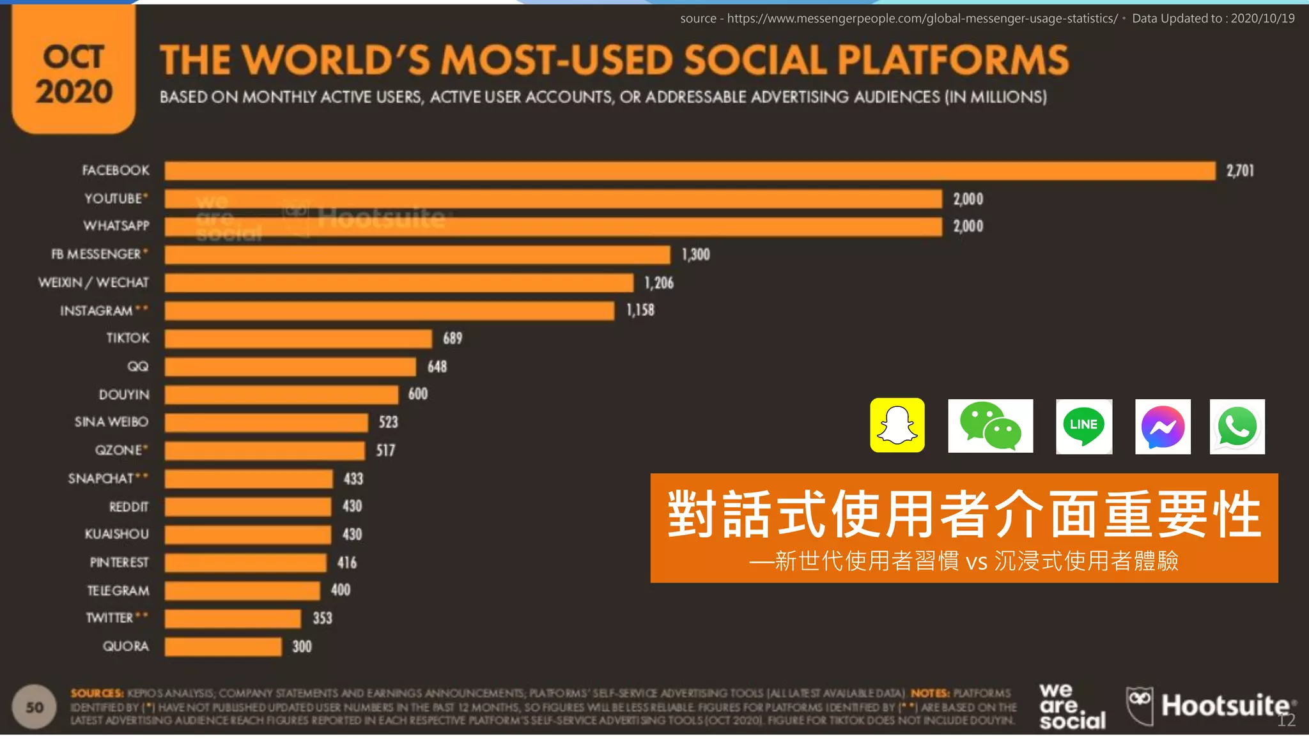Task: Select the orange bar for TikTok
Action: click(x=298, y=339)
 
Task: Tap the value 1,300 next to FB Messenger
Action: click(x=695, y=255)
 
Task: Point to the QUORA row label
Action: click(x=126, y=646)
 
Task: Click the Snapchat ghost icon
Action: click(x=897, y=425)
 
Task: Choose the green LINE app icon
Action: click(x=1083, y=426)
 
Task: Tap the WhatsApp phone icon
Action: click(x=1237, y=427)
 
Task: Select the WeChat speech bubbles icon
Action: click(x=990, y=426)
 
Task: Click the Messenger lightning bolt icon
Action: click(x=1163, y=427)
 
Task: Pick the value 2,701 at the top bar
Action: click(x=1240, y=171)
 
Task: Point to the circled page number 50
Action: click(x=35, y=707)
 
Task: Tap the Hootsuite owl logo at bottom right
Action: click(x=1140, y=705)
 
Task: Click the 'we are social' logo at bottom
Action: click(x=1071, y=706)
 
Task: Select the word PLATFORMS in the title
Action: click(x=952, y=60)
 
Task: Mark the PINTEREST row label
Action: click(x=119, y=562)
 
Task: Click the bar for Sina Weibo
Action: click(x=266, y=422)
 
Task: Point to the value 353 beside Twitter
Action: click(x=322, y=618)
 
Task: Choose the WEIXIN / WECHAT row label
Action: click(x=93, y=282)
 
